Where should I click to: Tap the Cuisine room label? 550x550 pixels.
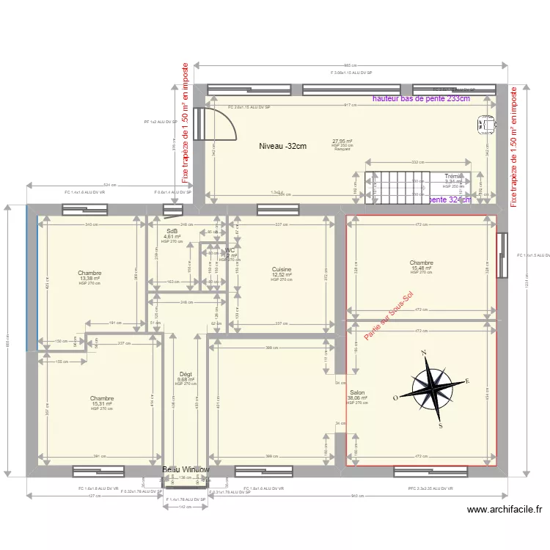tap(282, 270)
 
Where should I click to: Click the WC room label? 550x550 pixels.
tap(230, 251)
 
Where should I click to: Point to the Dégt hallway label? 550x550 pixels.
tap(186, 374)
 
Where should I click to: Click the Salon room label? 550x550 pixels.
tap(357, 393)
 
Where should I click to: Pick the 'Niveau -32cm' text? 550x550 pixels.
tap(282, 146)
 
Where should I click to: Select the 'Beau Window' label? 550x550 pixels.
tap(186, 469)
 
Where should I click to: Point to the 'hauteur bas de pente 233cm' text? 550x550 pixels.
tap(421, 98)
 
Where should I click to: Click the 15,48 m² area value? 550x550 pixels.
tap(421, 268)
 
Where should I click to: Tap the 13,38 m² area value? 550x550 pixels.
tap(90, 279)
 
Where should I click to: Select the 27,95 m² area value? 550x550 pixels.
tap(342, 142)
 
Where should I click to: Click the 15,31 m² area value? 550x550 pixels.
tap(102, 404)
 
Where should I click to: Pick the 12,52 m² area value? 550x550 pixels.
tap(282, 275)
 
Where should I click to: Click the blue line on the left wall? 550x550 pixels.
tap(29, 279)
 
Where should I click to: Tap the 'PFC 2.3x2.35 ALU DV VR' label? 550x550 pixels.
tap(431, 488)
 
